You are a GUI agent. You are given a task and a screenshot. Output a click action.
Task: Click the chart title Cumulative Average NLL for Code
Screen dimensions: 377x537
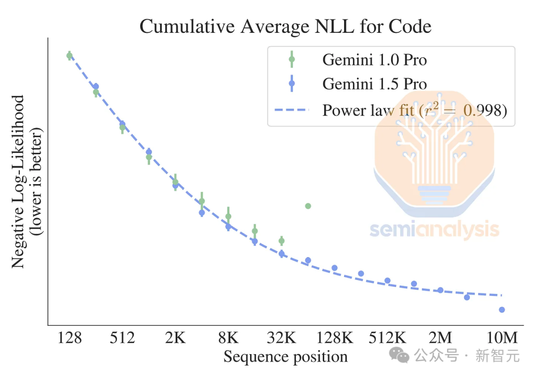pyautogui.click(x=285, y=26)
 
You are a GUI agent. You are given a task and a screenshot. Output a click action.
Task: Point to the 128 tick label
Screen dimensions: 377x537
pyautogui.click(x=70, y=338)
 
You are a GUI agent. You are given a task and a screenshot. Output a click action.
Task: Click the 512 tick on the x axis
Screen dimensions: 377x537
pyautogui.click(x=122, y=338)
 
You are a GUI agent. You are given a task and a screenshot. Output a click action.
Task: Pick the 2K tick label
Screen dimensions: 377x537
pyautogui.click(x=175, y=338)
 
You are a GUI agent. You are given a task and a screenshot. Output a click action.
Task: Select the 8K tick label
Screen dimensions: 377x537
pyautogui.click(x=228, y=338)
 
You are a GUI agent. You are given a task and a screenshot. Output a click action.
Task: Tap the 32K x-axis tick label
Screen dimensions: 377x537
pyautogui.click(x=281, y=338)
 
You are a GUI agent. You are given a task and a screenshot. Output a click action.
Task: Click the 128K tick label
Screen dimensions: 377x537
pyautogui.click(x=334, y=338)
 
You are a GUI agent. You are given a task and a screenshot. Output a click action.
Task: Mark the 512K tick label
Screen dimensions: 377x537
pyautogui.click(x=387, y=338)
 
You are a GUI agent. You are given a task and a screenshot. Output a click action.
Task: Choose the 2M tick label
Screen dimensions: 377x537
pyautogui.click(x=441, y=338)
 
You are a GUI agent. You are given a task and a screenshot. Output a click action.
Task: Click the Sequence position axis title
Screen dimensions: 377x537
pyautogui.click(x=285, y=357)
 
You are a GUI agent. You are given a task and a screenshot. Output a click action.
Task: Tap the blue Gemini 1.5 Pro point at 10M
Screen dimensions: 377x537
pyautogui.click(x=502, y=310)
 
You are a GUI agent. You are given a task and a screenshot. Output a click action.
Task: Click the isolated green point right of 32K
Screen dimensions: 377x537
pyautogui.click(x=308, y=206)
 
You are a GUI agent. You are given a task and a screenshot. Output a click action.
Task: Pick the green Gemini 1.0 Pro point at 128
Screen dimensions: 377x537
pyautogui.click(x=70, y=56)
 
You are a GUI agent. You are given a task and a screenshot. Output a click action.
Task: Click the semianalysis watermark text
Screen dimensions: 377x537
pyautogui.click(x=434, y=230)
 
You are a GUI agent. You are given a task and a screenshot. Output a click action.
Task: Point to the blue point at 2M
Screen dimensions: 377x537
pyautogui.click(x=441, y=290)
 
